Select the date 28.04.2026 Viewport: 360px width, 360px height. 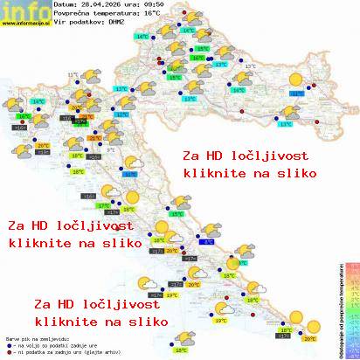coord(107,4)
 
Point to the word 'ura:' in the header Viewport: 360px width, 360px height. coord(145,4)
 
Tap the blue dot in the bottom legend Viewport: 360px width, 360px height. coord(8,343)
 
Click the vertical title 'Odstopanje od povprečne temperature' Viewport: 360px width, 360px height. coord(339,310)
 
